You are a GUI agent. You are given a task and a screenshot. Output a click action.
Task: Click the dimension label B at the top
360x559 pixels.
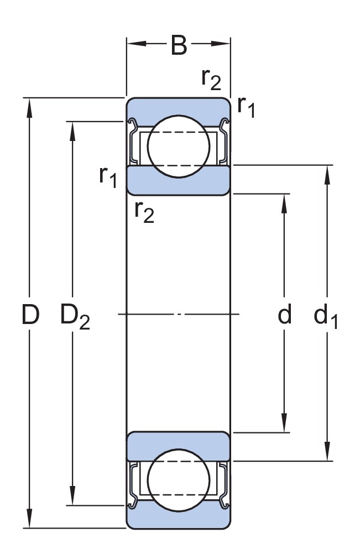(x=179, y=46)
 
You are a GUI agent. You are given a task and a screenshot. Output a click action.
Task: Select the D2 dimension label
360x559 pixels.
(x=75, y=317)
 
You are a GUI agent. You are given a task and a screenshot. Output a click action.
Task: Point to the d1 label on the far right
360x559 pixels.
(x=326, y=317)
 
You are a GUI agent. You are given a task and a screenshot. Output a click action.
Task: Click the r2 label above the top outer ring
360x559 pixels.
(x=211, y=80)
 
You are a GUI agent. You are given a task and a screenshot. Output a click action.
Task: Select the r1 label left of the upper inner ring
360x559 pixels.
(x=108, y=176)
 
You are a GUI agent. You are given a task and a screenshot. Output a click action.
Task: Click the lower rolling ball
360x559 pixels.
(x=179, y=479)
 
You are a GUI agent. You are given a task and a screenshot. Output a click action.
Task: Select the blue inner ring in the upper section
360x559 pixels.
(x=179, y=180)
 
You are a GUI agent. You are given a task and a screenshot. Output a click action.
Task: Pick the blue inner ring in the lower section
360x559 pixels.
(x=179, y=446)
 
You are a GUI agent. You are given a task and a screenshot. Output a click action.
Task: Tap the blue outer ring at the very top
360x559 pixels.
(x=179, y=107)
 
